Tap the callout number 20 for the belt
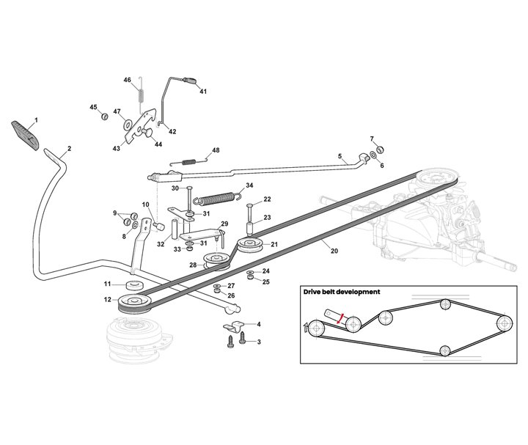(x=334, y=251)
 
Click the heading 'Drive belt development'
(x=342, y=292)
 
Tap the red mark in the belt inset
(x=339, y=317)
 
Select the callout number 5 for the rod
(x=340, y=155)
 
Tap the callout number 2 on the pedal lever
(x=68, y=149)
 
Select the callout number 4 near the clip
(x=257, y=323)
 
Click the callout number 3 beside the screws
(x=257, y=342)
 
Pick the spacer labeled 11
(x=133, y=284)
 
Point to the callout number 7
(x=372, y=139)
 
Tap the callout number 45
(x=93, y=108)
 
